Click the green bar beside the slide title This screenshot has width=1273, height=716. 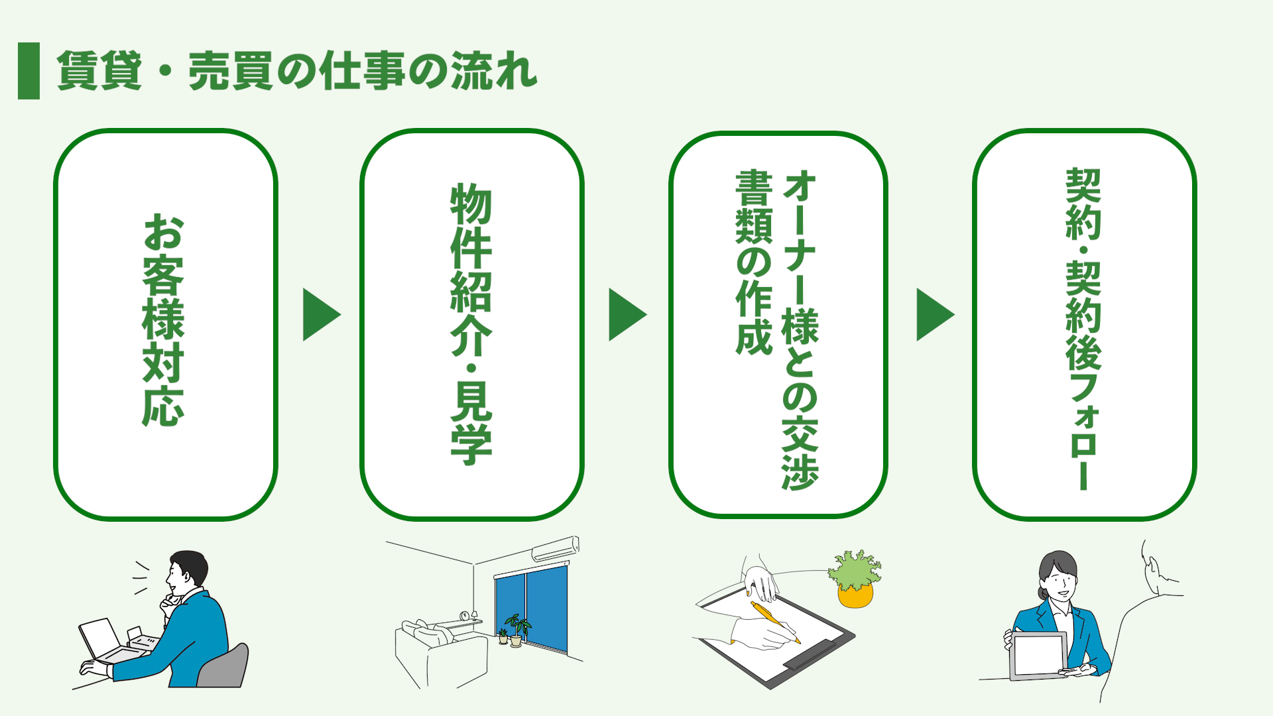29,71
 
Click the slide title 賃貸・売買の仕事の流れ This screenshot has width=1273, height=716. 296,71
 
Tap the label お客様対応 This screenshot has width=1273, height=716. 163,320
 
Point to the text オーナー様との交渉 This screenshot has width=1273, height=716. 800,329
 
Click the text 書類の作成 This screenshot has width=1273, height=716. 754,262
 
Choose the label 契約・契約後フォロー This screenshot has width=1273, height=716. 1083,328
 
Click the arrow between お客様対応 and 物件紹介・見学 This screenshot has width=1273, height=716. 320,314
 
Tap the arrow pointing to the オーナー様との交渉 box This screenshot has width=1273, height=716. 627,314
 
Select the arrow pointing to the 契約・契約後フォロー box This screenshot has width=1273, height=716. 934,314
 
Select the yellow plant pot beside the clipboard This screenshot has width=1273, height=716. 855,595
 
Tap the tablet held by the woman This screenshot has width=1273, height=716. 1038,656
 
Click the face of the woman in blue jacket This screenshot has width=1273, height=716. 1060,582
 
